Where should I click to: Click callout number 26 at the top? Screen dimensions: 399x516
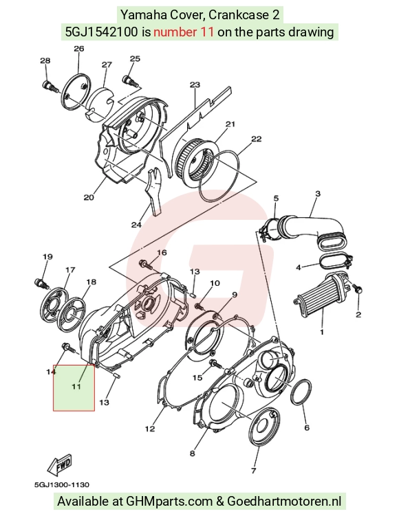tap(78, 49)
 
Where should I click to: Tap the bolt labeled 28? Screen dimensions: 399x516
tap(50, 86)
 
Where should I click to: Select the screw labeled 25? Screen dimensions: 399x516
tap(131, 80)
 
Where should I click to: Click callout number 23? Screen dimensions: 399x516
tap(195, 85)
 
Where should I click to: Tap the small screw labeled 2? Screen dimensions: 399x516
tap(358, 289)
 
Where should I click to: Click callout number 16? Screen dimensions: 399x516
tap(162, 252)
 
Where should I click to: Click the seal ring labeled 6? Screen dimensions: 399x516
tap(301, 392)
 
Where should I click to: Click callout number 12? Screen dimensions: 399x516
tap(150, 429)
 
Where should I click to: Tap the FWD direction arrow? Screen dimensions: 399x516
tap(60, 465)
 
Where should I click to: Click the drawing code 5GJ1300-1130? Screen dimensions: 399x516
tap(62, 484)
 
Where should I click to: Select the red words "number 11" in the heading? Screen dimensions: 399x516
tap(184, 32)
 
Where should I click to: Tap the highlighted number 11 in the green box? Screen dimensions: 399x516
tap(76, 386)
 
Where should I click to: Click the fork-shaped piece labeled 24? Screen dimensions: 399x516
tap(154, 191)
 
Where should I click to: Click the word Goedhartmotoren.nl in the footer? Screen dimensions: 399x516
tap(283, 501)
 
